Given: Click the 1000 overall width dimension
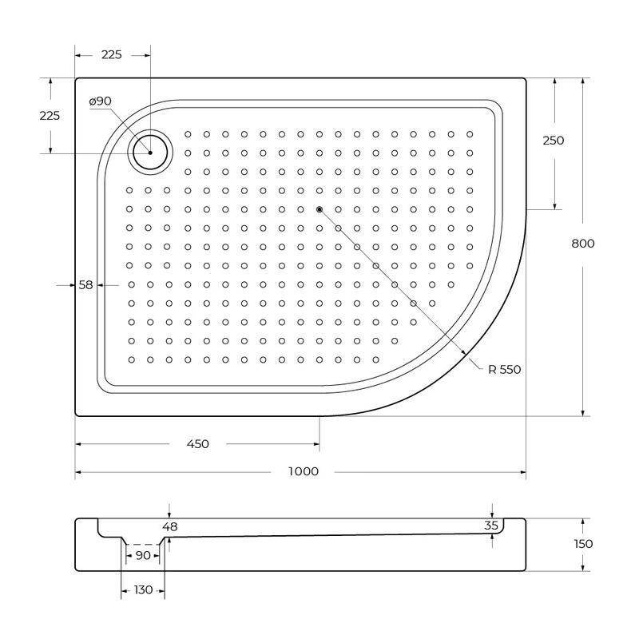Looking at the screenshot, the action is [x=304, y=471].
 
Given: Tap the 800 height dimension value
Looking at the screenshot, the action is [x=583, y=244].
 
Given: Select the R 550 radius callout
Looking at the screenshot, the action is [x=505, y=370].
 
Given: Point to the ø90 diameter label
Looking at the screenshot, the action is [x=101, y=101].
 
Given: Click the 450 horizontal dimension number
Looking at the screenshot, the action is [x=197, y=444].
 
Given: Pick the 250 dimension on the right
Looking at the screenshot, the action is [x=554, y=141].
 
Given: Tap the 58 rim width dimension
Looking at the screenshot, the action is [x=85, y=285].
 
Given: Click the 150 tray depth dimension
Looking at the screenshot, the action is [x=583, y=544].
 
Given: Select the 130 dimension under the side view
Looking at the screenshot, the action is [x=143, y=590].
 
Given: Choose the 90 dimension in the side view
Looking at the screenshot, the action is [x=143, y=555].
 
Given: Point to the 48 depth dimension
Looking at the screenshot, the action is [x=170, y=527].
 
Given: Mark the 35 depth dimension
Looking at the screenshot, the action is [x=491, y=526].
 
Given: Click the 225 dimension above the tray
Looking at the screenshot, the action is [x=111, y=54].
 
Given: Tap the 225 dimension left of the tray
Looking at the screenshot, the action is [x=50, y=116].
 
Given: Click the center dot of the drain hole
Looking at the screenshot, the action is [x=150, y=153].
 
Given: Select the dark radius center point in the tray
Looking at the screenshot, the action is [x=319, y=209].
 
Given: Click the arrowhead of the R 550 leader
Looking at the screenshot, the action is [x=463, y=351].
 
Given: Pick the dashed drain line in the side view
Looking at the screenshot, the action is [x=143, y=545].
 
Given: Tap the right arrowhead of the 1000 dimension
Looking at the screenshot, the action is [x=523, y=472].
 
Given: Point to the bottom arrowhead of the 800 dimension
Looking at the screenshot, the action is [x=583, y=413].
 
